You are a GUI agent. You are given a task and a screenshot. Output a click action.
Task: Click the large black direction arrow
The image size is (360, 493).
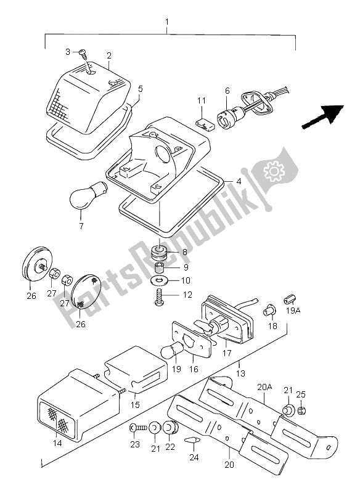pyautogui.click(x=323, y=116)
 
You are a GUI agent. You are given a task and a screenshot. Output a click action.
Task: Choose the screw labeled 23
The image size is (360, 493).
pyautogui.click(x=136, y=426)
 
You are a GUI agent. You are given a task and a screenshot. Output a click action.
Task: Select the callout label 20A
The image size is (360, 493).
pyautogui.click(x=264, y=388)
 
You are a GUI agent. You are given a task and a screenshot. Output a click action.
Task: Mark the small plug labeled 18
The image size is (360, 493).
pyautogui.click(x=269, y=309)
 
